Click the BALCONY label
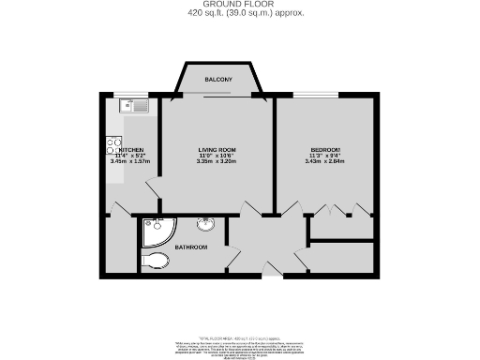[x=217, y=80]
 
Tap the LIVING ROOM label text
[x=216, y=151]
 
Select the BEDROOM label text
[x=325, y=151]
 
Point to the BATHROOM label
[x=190, y=247]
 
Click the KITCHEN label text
[x=129, y=151]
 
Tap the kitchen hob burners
[x=110, y=148]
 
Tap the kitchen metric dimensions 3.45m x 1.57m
[x=129, y=162]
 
